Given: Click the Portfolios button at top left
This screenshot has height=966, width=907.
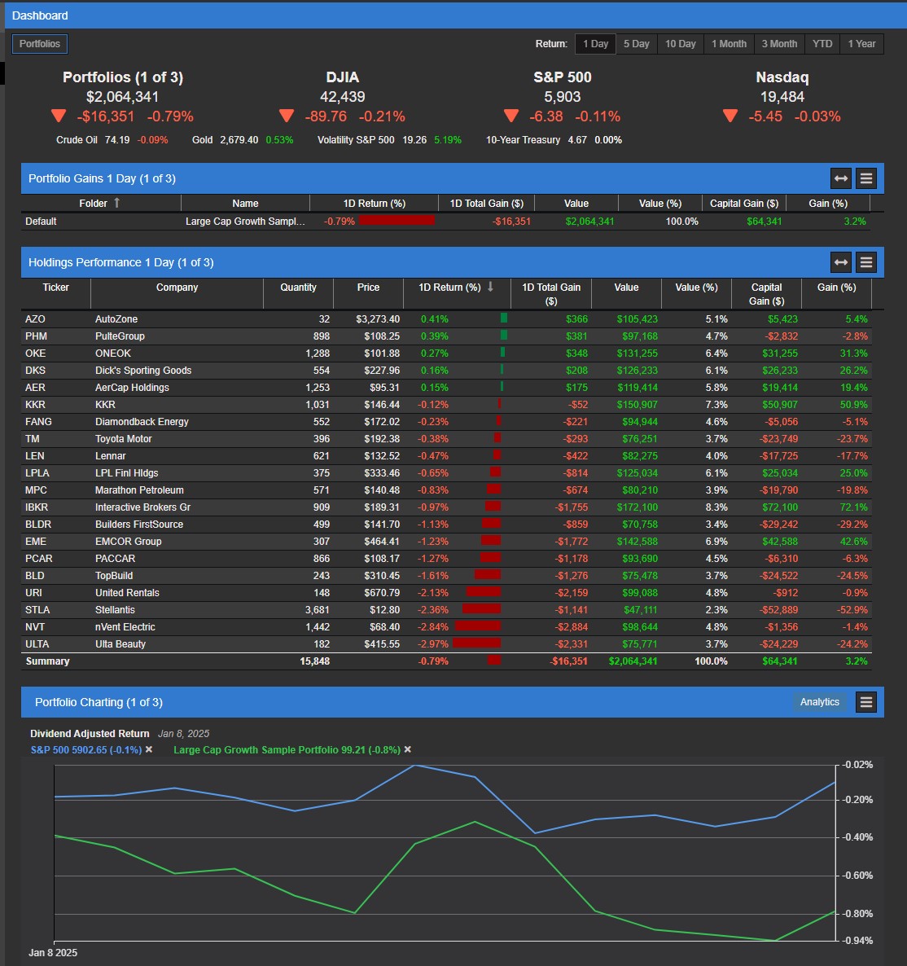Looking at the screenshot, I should pos(40,44).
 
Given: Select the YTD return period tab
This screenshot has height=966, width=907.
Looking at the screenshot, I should pos(822,44).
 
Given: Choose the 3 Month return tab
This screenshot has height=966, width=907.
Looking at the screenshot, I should pos(779,44).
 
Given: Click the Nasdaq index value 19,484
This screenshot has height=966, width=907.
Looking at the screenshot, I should pos(782,97).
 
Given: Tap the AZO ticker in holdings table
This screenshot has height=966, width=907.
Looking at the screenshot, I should pos(36,319).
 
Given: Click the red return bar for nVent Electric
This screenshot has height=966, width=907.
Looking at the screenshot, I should pos(478,627).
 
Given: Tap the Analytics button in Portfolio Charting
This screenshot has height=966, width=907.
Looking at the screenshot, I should pos(819,702).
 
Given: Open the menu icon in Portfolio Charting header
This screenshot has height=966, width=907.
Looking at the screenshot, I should pos(866,702).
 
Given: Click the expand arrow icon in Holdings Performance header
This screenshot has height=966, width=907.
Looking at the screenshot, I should pos(841,262).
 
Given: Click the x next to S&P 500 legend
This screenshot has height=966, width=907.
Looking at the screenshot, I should pos(149,749).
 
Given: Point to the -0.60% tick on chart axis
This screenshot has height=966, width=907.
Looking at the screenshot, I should pos(857,876).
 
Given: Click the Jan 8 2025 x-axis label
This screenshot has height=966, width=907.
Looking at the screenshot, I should pos(53,952).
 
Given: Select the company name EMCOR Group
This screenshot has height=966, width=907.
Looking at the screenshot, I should pos(128,542).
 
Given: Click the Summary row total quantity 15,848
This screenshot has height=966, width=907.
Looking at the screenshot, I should pos(314,661).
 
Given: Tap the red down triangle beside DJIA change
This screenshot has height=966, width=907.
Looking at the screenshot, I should pos(287,116).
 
